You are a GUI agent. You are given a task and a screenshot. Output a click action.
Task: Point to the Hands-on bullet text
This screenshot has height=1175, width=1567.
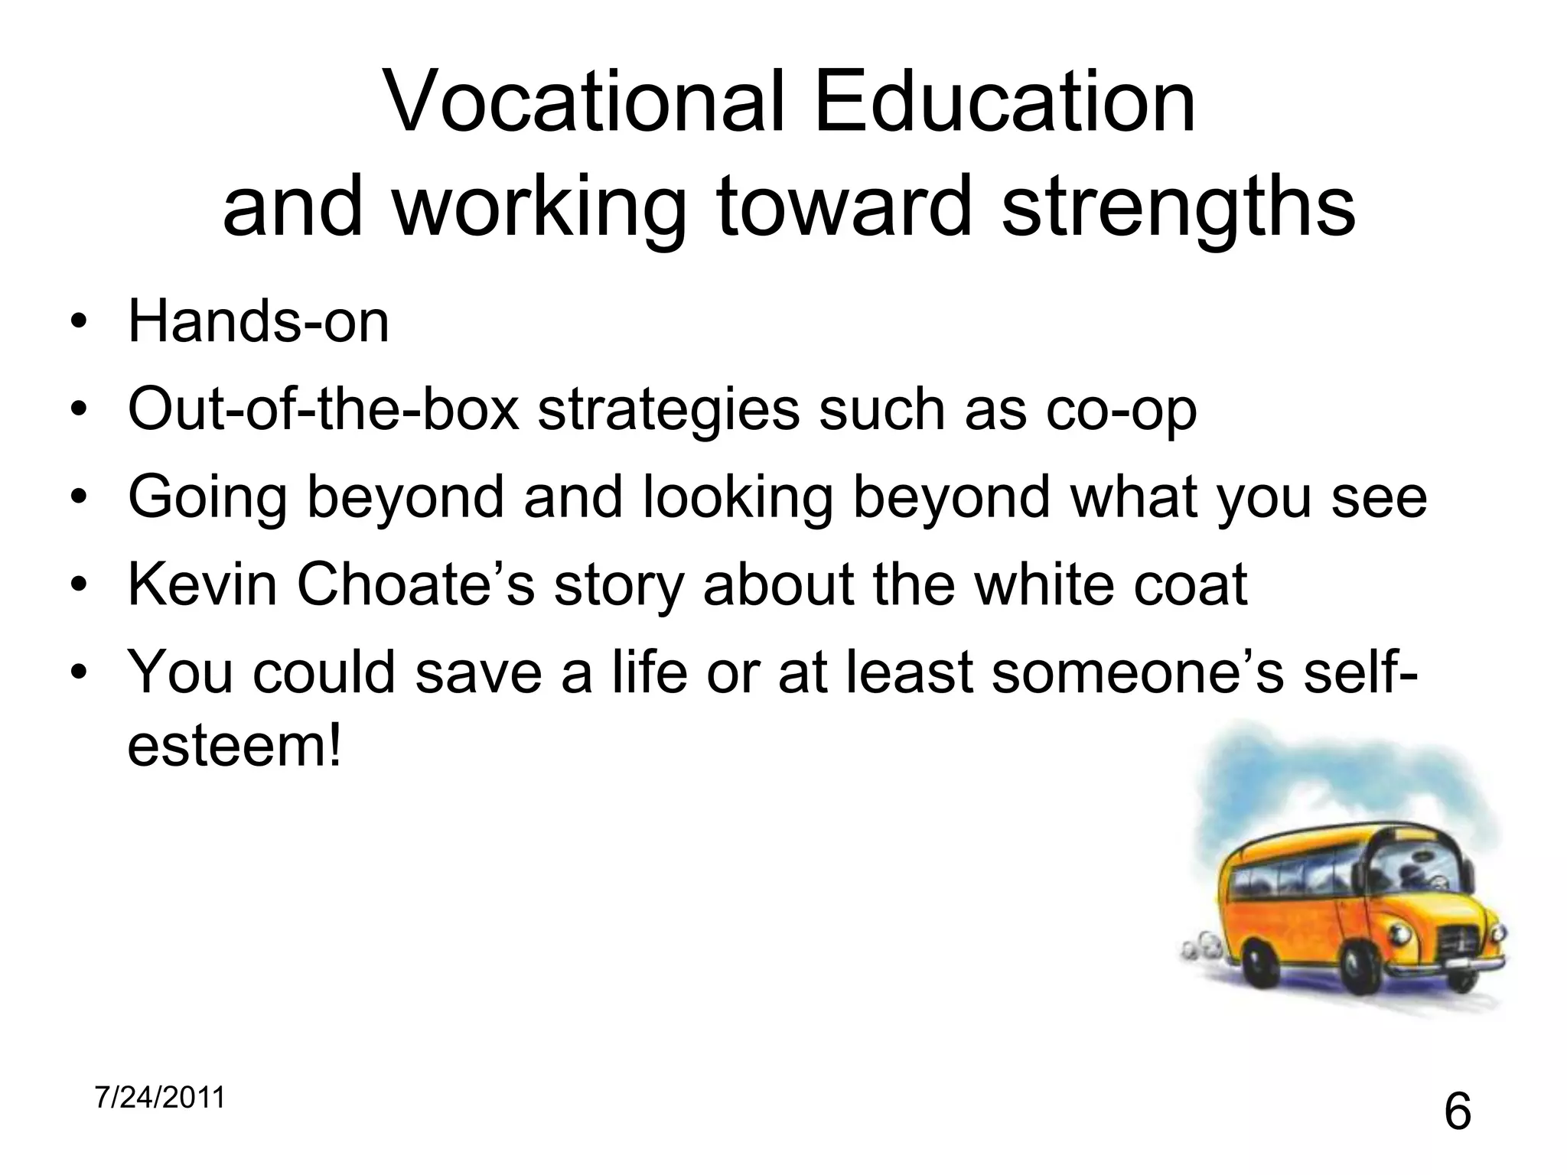259,322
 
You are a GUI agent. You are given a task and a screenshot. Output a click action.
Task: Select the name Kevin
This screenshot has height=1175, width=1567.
202,585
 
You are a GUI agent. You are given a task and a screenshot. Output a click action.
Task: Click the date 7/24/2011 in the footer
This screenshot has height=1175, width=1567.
160,1098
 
